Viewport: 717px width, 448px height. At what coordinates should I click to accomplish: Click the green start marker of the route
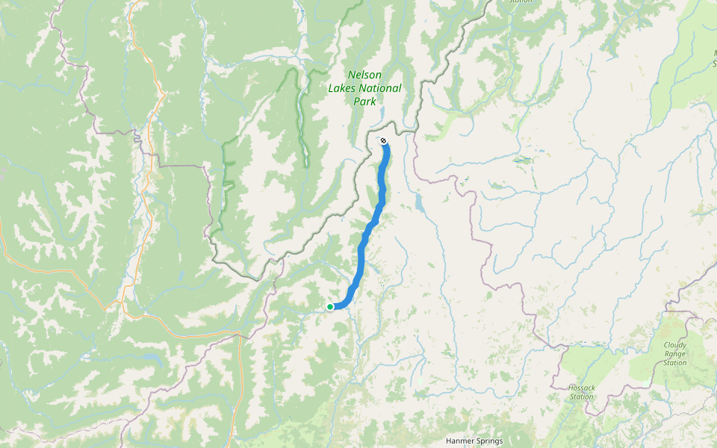(x=330, y=306)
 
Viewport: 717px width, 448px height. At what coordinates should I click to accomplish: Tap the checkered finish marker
(x=383, y=141)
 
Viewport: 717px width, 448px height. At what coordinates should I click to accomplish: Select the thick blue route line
(x=362, y=254)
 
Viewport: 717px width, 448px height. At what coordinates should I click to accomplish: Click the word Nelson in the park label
(x=364, y=75)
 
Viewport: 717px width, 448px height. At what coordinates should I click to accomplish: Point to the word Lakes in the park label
(x=342, y=88)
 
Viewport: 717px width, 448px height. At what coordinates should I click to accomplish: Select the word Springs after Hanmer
(x=490, y=441)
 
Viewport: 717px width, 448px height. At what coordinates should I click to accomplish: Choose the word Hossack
(x=581, y=388)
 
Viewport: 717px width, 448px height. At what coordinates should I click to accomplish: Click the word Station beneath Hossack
(x=581, y=396)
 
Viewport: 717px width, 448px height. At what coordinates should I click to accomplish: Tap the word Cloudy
(x=674, y=345)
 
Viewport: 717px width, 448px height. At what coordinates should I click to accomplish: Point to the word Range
(x=674, y=354)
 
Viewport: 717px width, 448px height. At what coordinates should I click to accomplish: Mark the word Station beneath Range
(x=674, y=363)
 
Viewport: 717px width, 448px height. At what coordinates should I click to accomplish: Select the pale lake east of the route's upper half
(x=418, y=203)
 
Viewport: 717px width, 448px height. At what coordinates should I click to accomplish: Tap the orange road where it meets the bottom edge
(x=238, y=445)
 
